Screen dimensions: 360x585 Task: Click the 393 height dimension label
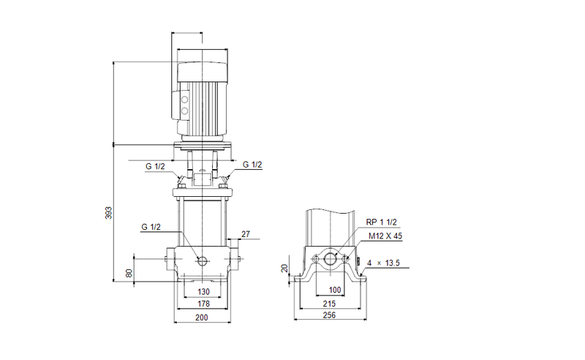click(x=108, y=213)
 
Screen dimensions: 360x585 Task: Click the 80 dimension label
click(x=129, y=274)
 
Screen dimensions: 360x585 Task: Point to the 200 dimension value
click(x=202, y=318)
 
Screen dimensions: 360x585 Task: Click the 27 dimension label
click(x=246, y=235)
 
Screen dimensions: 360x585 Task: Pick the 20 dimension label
click(x=285, y=269)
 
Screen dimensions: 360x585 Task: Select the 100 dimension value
click(x=334, y=291)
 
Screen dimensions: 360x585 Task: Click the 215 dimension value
click(x=330, y=303)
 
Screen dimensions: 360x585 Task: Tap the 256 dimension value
click(x=330, y=315)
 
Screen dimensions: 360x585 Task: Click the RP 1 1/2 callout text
click(x=381, y=222)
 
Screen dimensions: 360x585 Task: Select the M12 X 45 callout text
click(x=385, y=236)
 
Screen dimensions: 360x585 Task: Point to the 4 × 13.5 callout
click(x=383, y=263)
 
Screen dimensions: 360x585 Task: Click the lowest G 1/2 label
click(x=151, y=228)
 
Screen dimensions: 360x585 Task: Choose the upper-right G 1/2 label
click(x=252, y=165)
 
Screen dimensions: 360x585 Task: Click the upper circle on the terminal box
click(x=184, y=99)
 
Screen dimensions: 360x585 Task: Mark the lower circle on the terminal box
click(x=184, y=112)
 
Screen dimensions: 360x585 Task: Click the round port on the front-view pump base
click(x=202, y=260)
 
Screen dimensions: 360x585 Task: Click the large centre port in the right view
click(x=331, y=260)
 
